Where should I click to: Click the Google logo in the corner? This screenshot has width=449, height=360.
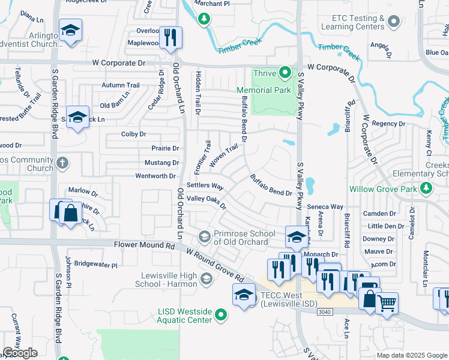click(20, 353)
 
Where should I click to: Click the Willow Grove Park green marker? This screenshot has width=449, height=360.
click(426, 190)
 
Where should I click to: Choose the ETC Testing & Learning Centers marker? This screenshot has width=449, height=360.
click(394, 22)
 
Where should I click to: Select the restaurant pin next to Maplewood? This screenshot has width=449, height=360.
click(170, 38)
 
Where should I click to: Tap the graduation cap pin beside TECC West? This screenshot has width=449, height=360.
click(244, 296)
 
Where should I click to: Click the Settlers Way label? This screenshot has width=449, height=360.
click(205, 186)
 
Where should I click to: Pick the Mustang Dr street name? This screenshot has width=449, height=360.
click(161, 163)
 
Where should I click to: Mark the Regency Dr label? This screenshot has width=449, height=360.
click(385, 124)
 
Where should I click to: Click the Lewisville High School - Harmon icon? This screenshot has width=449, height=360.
click(206, 278)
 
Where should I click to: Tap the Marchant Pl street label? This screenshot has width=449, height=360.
click(212, 4)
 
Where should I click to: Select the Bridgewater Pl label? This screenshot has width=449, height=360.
click(96, 264)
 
